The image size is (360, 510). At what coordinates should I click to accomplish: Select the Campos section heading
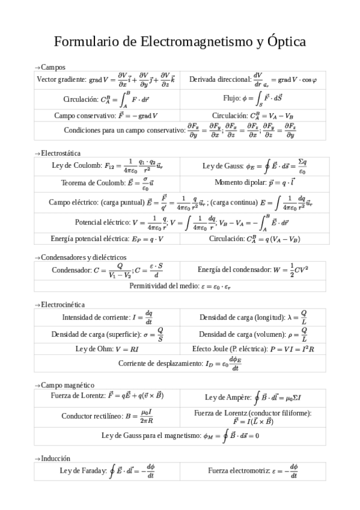(x=52, y=67)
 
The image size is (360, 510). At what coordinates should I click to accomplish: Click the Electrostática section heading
(x=59, y=153)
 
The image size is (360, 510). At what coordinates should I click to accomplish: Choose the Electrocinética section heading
(x=62, y=305)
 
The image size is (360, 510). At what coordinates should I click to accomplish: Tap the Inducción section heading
(x=55, y=458)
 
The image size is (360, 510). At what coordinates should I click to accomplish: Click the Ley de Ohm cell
(x=107, y=348)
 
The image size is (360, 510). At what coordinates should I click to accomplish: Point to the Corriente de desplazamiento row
(x=180, y=363)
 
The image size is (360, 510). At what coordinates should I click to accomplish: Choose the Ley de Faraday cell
(x=107, y=471)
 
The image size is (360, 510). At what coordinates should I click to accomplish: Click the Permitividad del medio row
(x=180, y=286)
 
